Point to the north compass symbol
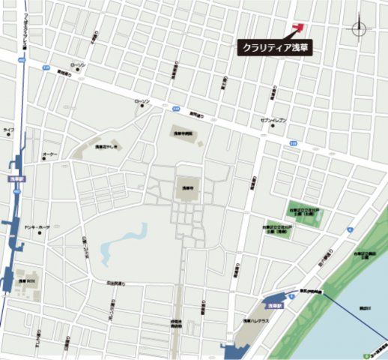pos(360,28)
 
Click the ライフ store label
pos(8,130)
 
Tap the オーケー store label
pos(49,154)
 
